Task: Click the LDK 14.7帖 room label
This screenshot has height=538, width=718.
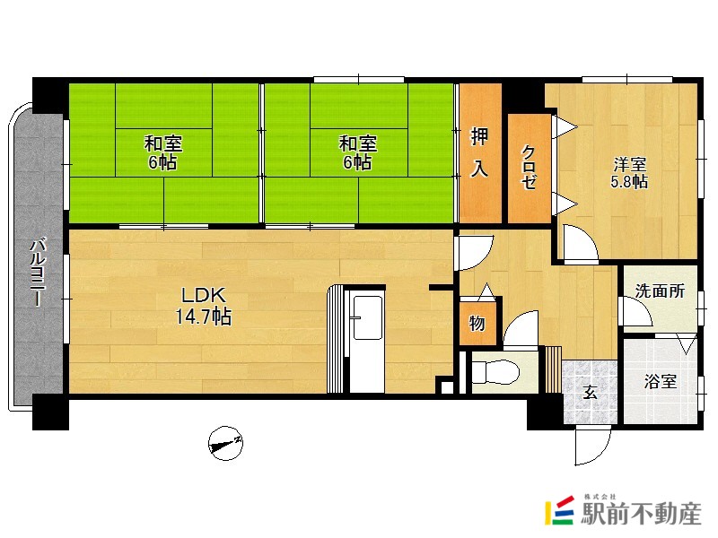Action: click(x=204, y=306)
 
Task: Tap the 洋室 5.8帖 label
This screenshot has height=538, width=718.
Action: click(x=629, y=172)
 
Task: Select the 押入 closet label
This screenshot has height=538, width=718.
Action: click(x=480, y=152)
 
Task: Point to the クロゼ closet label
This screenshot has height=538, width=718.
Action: click(x=529, y=167)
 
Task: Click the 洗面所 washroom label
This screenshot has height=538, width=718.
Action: click(x=660, y=291)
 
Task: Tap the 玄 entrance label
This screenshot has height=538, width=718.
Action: click(x=591, y=392)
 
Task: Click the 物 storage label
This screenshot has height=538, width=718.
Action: click(x=477, y=323)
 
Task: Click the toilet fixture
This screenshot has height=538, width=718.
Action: click(x=496, y=370)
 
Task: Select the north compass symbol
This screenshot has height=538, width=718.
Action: click(x=225, y=443)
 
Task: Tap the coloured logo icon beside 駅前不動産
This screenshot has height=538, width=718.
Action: click(x=560, y=510)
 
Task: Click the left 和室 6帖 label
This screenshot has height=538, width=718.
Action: click(x=163, y=152)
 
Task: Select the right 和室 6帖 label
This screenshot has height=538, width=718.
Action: click(x=358, y=152)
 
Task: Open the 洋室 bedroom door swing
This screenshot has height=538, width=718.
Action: click(x=581, y=243)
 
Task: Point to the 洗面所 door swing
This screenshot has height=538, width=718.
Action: click(x=635, y=311)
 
